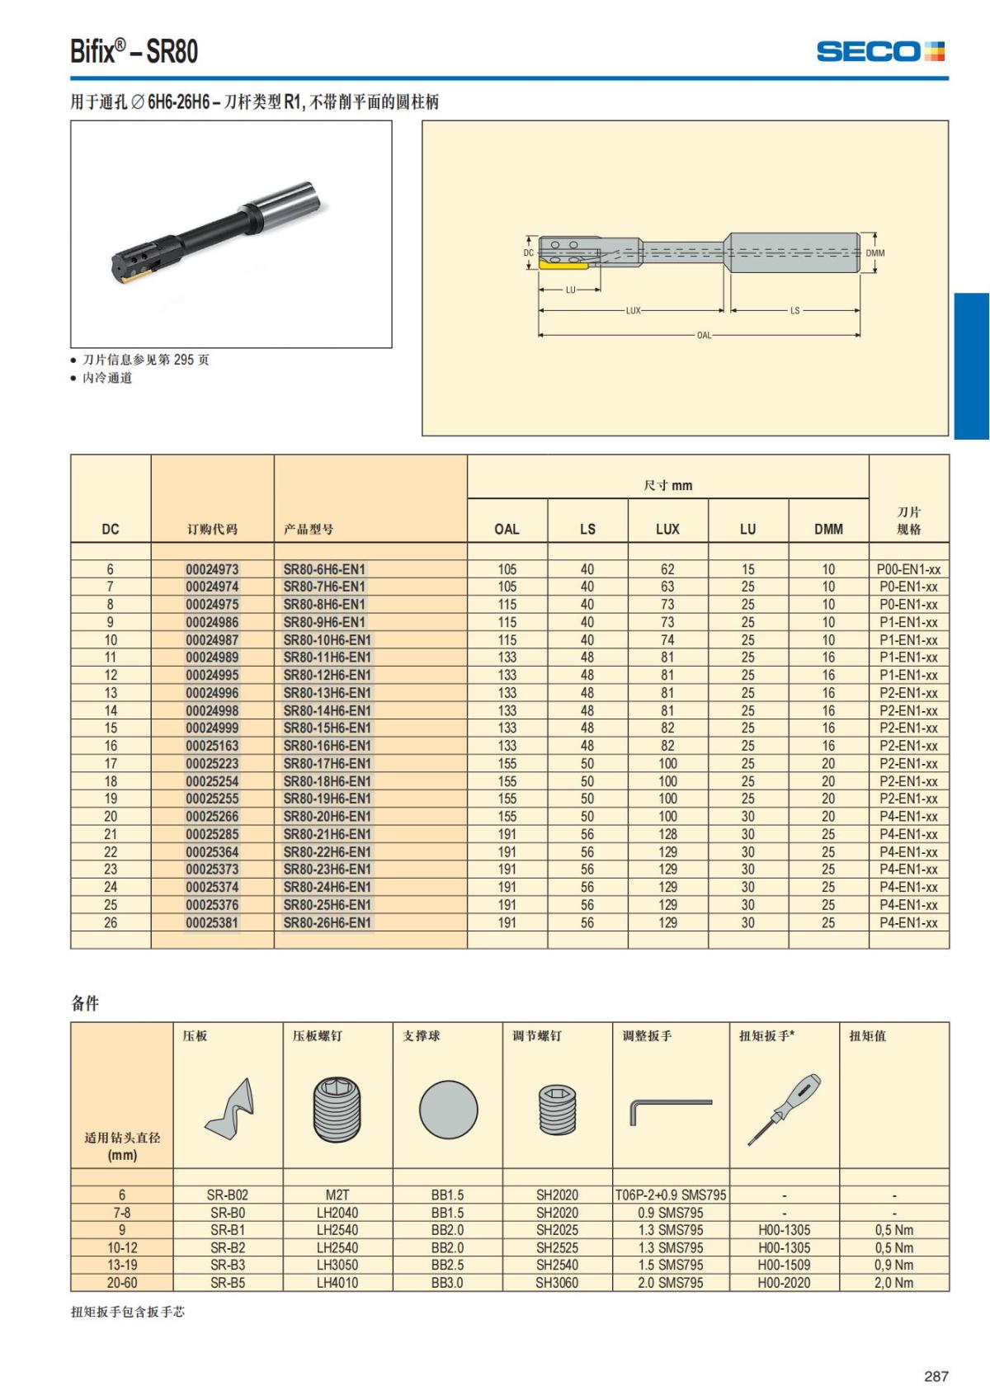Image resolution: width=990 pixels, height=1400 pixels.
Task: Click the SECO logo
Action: click(x=879, y=51)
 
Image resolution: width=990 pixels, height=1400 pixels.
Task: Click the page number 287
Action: click(x=936, y=1376)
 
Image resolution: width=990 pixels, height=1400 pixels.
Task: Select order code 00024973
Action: click(x=212, y=569)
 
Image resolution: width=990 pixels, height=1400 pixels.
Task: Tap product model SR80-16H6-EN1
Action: click(x=328, y=746)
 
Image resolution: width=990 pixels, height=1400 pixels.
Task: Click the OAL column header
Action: click(x=507, y=529)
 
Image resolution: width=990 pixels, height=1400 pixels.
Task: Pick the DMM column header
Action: click(x=828, y=529)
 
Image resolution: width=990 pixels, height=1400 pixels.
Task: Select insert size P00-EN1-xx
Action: click(x=908, y=569)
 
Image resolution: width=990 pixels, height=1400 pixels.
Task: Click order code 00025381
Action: click(x=212, y=922)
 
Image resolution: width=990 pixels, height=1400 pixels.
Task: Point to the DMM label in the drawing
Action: click(x=874, y=253)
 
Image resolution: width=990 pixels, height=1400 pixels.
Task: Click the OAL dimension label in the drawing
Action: click(x=704, y=336)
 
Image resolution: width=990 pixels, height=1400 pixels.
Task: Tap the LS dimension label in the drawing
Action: click(x=794, y=311)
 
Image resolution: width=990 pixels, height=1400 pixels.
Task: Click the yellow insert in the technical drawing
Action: click(x=563, y=264)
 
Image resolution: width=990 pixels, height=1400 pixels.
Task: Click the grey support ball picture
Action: click(x=448, y=1110)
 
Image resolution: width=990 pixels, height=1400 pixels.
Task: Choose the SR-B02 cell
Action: click(x=228, y=1195)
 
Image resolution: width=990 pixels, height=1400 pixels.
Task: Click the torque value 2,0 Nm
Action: click(x=894, y=1283)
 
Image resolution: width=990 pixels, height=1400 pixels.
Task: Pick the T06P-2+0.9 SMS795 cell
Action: click(x=671, y=1195)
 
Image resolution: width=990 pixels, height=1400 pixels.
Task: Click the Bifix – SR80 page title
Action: click(x=134, y=52)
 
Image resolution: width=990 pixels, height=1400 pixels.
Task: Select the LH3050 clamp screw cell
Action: click(x=337, y=1266)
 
